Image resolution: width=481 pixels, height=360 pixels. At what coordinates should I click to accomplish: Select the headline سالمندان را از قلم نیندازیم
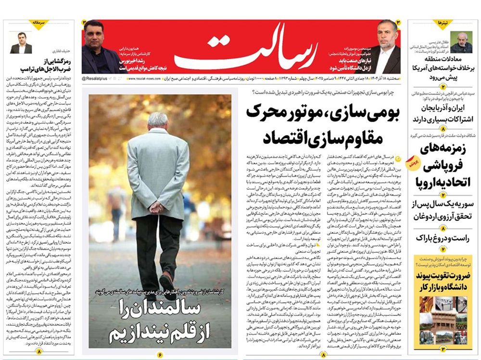160,321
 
